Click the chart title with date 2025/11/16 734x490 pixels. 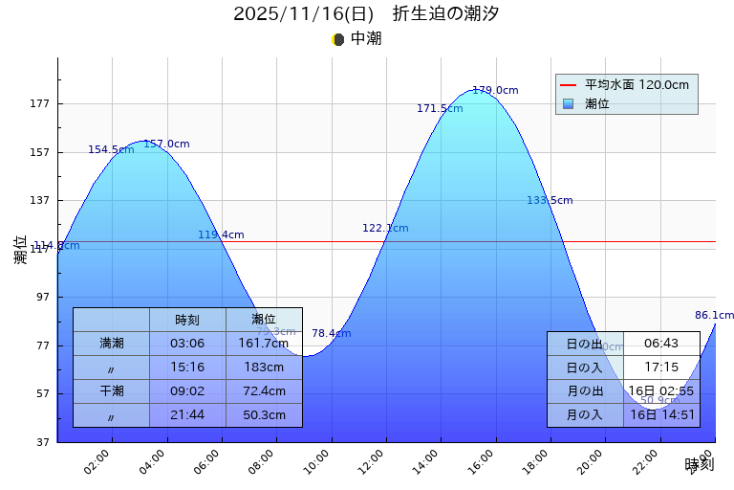pos(366,14)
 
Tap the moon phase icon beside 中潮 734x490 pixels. pos(337,39)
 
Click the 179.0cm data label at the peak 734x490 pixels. pos(495,91)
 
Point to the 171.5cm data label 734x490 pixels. pos(440,109)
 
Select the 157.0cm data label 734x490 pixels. pos(166,145)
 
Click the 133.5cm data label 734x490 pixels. pos(550,201)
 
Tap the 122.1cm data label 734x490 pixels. pos(385,229)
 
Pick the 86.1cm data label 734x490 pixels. pos(714,316)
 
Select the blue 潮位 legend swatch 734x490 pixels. pos(569,103)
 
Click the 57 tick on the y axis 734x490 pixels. pos(42,393)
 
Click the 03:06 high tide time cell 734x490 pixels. pos(187,344)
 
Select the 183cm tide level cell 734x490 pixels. pos(264,367)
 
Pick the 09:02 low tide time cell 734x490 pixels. pos(187,391)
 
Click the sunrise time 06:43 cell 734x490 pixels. pos(661,344)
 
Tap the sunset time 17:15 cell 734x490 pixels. pos(661,367)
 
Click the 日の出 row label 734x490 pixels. pos(585,344)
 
